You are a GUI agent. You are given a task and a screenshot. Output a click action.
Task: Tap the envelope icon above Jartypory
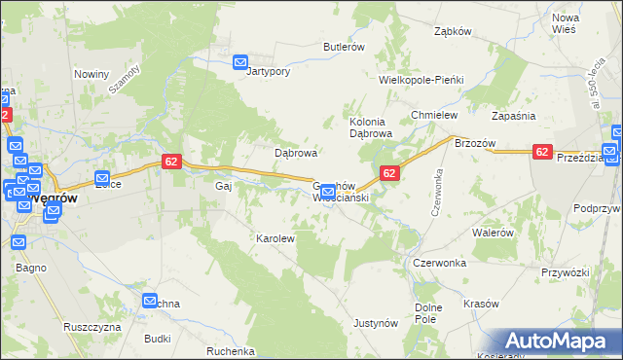241,63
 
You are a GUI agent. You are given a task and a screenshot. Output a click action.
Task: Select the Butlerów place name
344,47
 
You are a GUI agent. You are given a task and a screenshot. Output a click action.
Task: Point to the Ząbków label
453,31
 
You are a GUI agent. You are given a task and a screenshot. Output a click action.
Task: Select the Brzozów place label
476,143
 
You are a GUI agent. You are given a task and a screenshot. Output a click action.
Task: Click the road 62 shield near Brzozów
542,152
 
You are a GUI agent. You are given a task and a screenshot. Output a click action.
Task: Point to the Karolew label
275,237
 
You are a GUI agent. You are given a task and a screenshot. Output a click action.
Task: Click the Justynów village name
377,322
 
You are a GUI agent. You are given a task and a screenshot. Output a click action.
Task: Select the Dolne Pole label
428,313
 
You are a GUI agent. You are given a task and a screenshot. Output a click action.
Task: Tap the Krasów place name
482,304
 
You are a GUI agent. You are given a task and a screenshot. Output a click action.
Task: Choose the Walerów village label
493,234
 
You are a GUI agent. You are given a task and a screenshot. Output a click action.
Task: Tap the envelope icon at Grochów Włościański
328,192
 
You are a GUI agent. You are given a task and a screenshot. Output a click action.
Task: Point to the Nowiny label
91,74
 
